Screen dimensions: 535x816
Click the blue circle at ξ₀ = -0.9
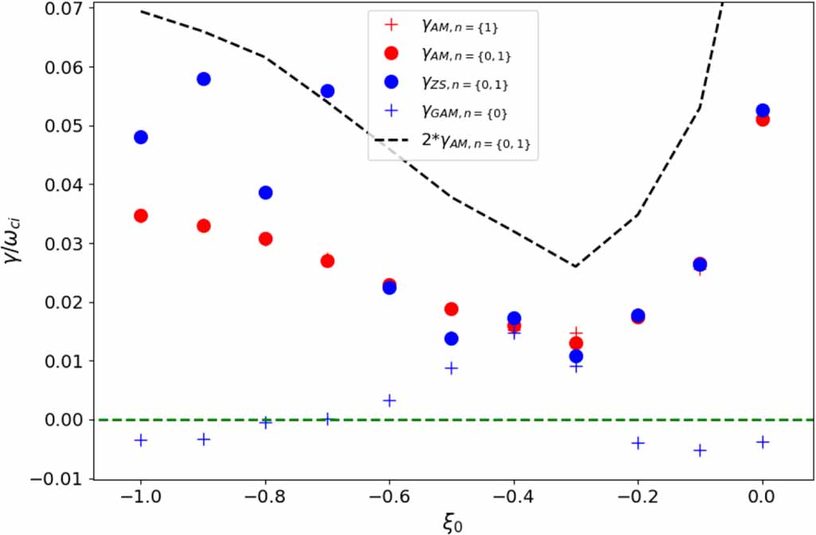point(203,79)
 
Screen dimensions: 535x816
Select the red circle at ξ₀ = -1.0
point(141,216)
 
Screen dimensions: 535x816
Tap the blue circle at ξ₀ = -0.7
point(327,91)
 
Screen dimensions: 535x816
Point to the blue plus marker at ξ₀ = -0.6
point(389,400)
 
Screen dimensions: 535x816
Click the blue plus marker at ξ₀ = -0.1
point(700,450)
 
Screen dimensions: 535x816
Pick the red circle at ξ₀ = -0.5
point(451,309)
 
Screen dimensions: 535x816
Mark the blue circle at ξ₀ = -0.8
point(266,193)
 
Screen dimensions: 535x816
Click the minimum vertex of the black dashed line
point(575,266)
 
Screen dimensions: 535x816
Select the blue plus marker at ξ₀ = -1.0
point(141,440)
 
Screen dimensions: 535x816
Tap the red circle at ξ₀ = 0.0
point(763,119)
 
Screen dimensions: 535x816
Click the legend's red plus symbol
point(391,25)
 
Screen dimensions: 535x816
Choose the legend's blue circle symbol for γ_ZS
point(391,83)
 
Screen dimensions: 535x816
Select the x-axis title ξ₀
point(451,523)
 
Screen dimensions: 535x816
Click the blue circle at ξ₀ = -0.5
point(451,338)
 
